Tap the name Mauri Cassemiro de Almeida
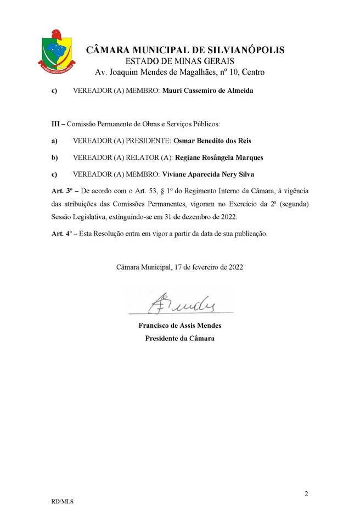(x=208, y=91)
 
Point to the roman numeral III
(x=54, y=126)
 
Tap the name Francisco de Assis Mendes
(x=180, y=326)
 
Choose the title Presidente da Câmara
(x=180, y=338)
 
